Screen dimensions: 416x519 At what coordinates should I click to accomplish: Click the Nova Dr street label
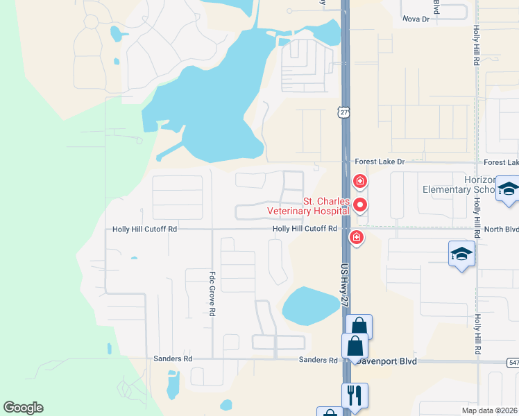[x=416, y=19]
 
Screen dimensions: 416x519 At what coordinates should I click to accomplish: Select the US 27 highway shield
[x=345, y=112]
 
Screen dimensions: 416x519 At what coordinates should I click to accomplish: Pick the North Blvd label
[x=501, y=228]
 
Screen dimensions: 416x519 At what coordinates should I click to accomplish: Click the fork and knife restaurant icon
[x=355, y=395]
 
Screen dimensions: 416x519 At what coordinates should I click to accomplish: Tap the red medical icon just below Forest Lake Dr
[x=359, y=182]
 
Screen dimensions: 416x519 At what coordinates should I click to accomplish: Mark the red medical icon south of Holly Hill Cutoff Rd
[x=356, y=238]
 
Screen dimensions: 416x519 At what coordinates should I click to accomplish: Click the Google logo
[x=23, y=408]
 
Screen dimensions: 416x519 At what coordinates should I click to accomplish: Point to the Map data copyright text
[x=479, y=410]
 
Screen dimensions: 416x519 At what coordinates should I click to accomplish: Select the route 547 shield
[x=513, y=362]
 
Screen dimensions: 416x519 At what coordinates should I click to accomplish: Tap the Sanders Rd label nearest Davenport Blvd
[x=318, y=360]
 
